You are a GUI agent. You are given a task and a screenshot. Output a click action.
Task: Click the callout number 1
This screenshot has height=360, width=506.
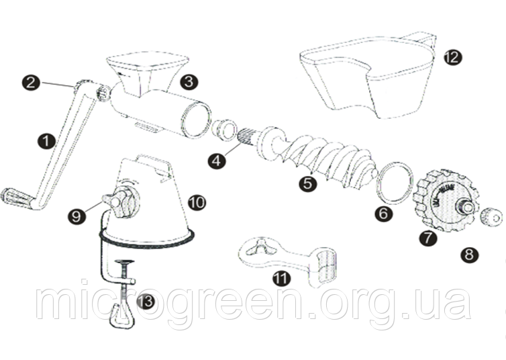(x=46, y=141)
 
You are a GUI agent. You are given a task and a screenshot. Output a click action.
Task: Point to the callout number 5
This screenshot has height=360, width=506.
(x=308, y=183)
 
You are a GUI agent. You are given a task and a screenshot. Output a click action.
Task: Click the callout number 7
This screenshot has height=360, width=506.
(x=427, y=237)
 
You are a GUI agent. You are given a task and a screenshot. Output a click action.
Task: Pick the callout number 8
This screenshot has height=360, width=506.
(x=468, y=254)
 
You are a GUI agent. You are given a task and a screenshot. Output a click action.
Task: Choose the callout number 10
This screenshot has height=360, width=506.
(x=197, y=201)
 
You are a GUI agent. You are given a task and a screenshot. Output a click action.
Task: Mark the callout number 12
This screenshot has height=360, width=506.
(x=452, y=56)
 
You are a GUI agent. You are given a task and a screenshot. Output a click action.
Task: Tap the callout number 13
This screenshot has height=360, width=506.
(x=145, y=302)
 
